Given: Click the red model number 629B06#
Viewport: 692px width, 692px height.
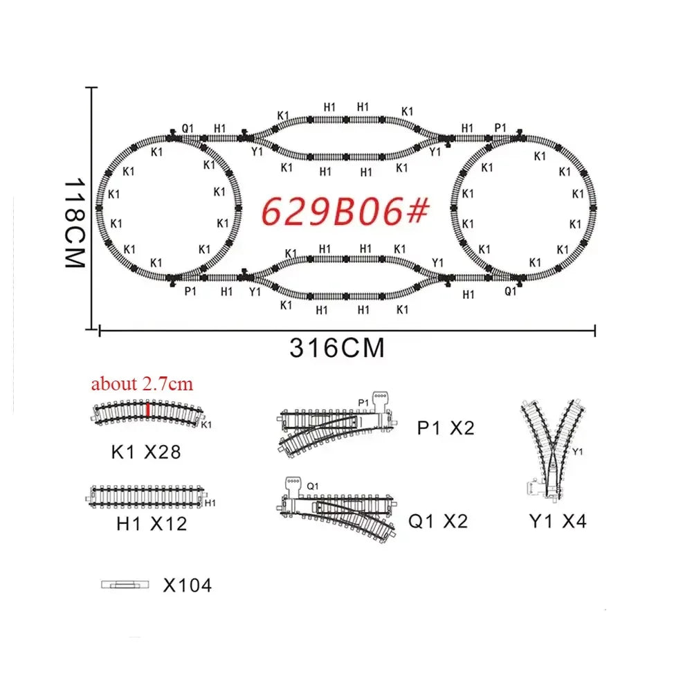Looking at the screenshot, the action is click(x=345, y=211).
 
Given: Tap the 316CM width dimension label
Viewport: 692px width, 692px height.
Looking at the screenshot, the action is click(x=337, y=348).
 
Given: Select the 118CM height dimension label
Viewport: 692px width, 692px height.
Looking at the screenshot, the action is click(x=74, y=223).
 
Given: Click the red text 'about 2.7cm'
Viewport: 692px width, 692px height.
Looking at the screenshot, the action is click(x=142, y=384).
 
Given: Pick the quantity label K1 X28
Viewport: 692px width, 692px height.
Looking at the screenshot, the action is click(x=146, y=453).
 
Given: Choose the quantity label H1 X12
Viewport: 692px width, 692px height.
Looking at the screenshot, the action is click(x=152, y=524).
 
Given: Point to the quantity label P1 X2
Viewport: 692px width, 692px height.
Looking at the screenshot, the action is click(x=446, y=428).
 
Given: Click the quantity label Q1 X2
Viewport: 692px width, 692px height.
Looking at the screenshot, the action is click(x=438, y=521).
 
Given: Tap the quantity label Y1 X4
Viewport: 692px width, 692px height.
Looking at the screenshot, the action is click(x=558, y=521).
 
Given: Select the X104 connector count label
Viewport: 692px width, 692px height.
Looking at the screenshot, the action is click(x=188, y=585).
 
